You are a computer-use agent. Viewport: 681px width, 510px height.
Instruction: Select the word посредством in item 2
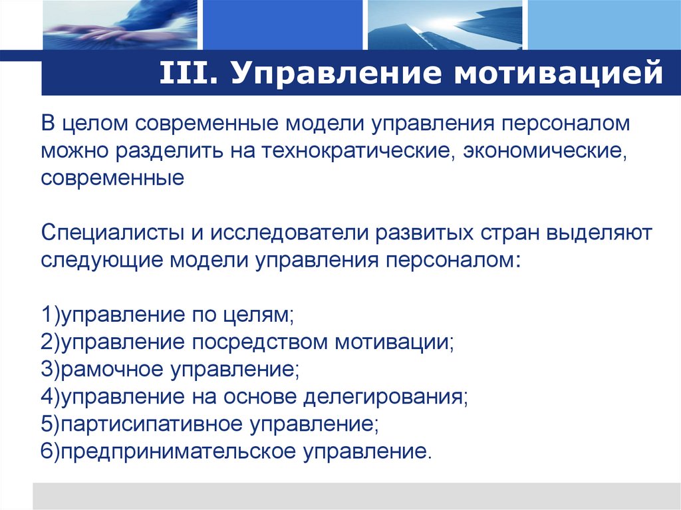[x=260, y=342]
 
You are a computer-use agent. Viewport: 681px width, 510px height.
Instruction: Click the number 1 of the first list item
[x=45, y=315]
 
